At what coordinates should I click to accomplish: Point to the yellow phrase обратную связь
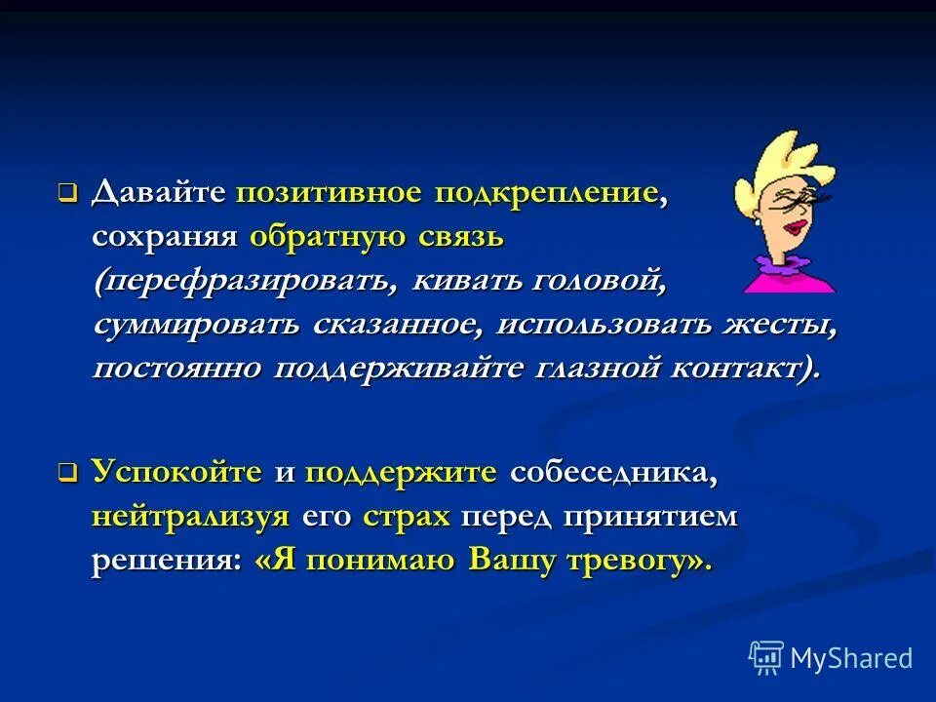[376, 237]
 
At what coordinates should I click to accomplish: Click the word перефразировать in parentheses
[248, 282]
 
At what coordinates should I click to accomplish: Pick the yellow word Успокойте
[177, 473]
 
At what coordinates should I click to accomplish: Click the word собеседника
[614, 473]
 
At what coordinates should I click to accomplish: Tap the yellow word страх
[406, 518]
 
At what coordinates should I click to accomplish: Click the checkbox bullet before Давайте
[67, 194]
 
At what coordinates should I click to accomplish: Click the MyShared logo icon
[766, 658]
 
